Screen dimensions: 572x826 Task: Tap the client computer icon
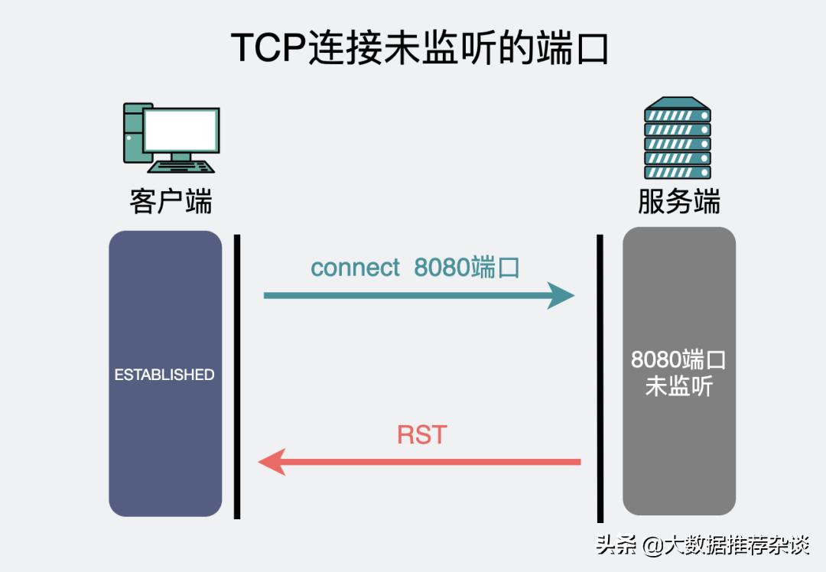tap(171, 138)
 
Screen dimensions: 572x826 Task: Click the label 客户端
tap(171, 202)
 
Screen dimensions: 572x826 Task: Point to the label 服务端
tap(678, 202)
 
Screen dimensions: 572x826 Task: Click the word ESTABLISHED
tap(164, 375)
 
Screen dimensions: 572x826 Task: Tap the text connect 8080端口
tap(415, 268)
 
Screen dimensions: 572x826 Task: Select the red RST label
tap(421, 434)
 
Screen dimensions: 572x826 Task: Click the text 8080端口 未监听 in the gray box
tap(678, 373)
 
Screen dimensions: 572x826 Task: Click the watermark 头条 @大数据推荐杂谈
tap(702, 545)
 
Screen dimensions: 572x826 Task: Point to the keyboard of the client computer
tap(182, 166)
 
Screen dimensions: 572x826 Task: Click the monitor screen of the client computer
tap(181, 129)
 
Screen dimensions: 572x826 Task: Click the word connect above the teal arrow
tap(355, 268)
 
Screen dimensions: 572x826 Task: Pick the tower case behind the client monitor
tap(133, 134)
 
